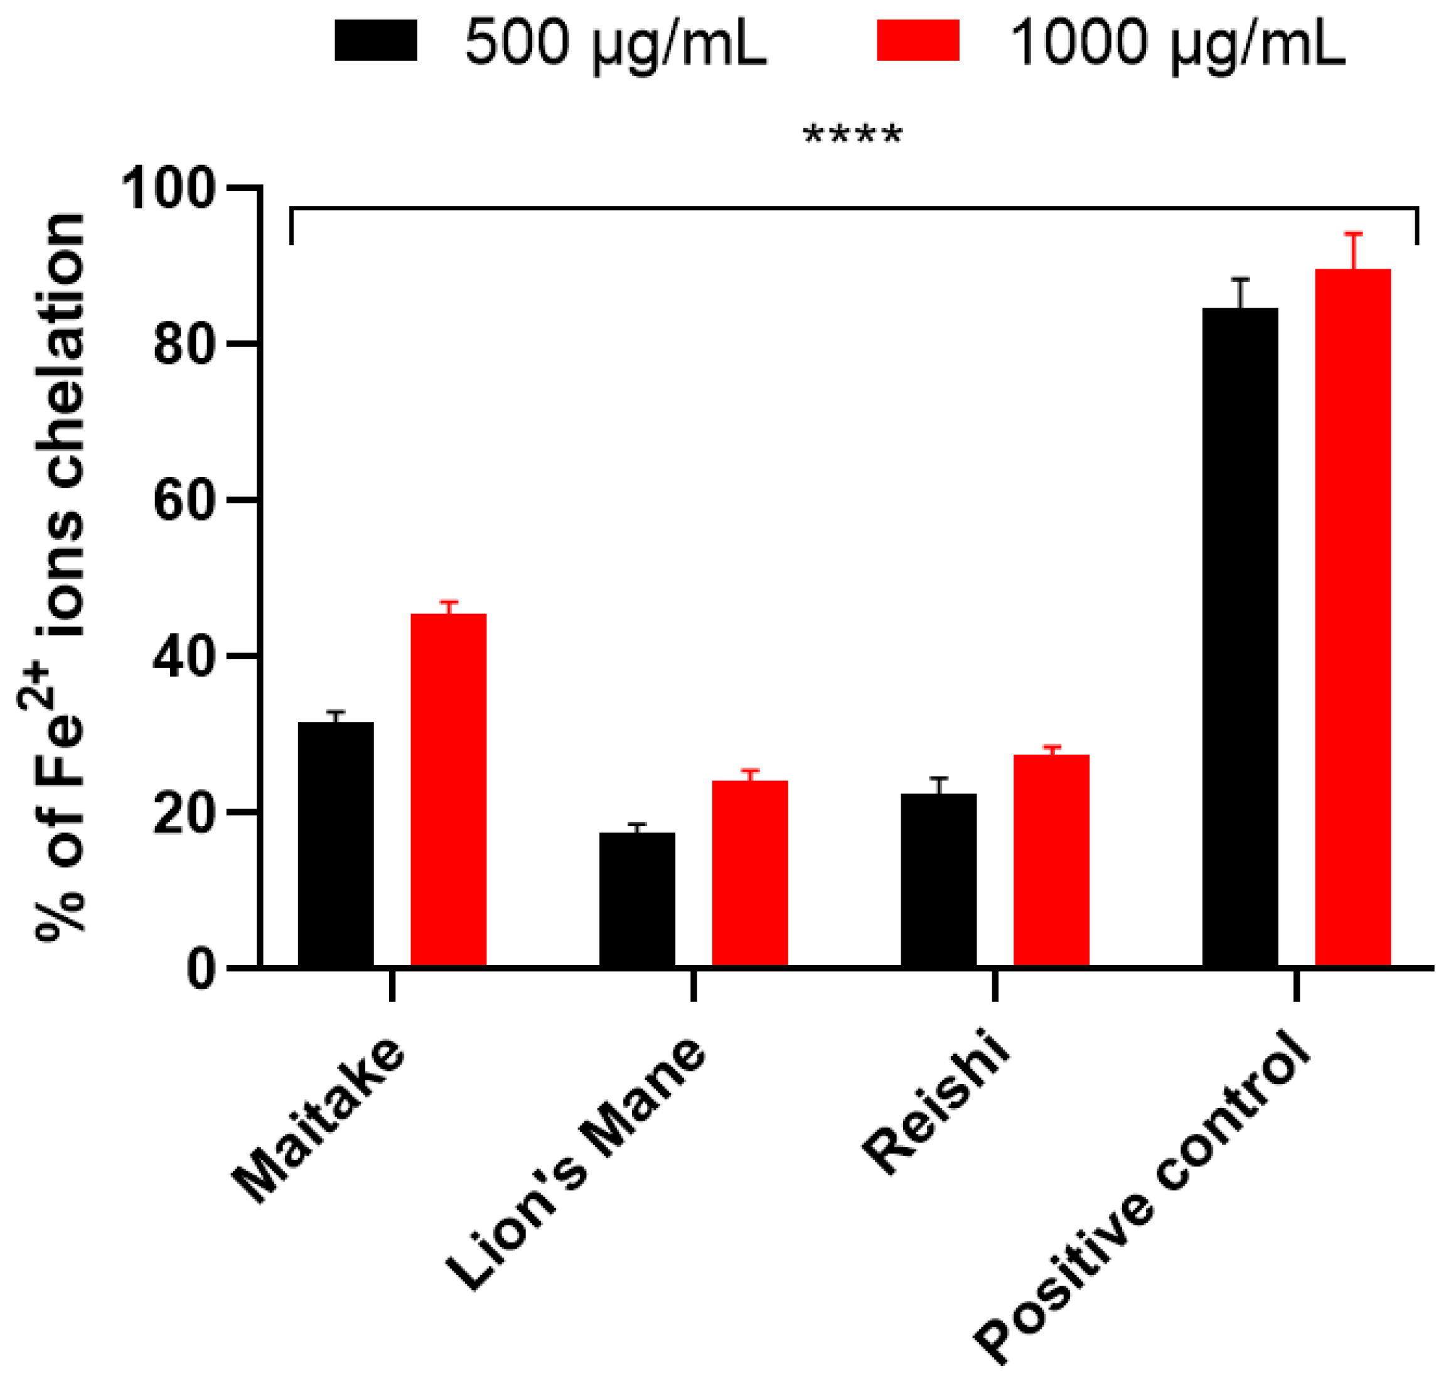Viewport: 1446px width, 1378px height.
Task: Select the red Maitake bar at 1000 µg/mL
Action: (448, 790)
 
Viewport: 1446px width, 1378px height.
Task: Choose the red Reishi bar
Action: (1051, 859)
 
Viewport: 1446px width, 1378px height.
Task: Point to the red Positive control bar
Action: (1352, 617)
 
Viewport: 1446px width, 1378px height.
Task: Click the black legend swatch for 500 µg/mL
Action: (375, 40)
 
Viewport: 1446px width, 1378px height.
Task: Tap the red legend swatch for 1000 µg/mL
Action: (918, 40)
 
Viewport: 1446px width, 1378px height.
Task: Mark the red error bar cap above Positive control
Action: (1352, 234)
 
